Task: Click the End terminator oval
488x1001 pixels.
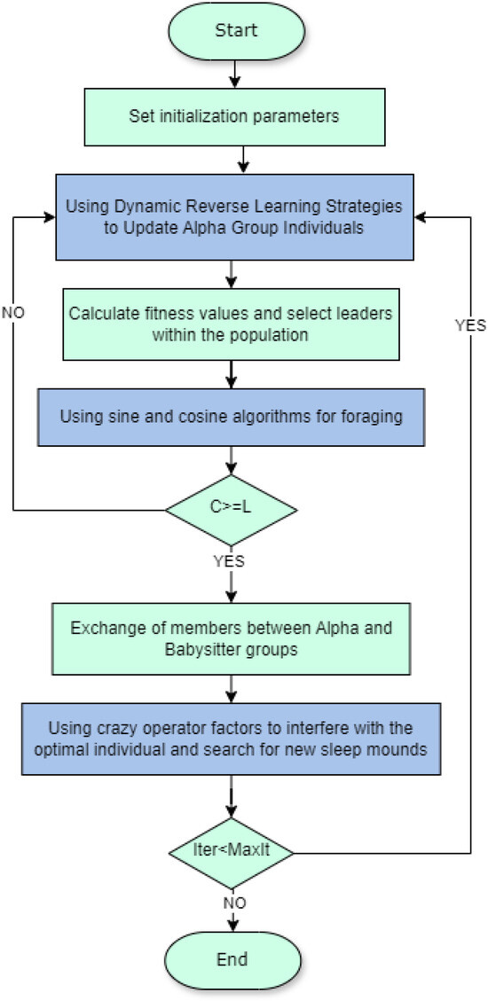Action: point(232,959)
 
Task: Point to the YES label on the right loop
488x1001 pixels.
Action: point(470,325)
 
